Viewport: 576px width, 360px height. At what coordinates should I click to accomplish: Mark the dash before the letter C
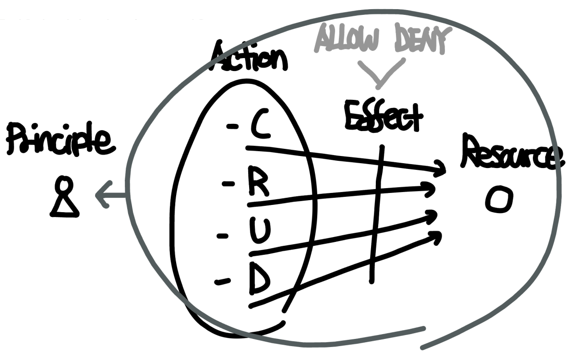pyautogui.click(x=232, y=127)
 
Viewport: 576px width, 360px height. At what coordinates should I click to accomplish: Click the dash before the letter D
pyautogui.click(x=222, y=282)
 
